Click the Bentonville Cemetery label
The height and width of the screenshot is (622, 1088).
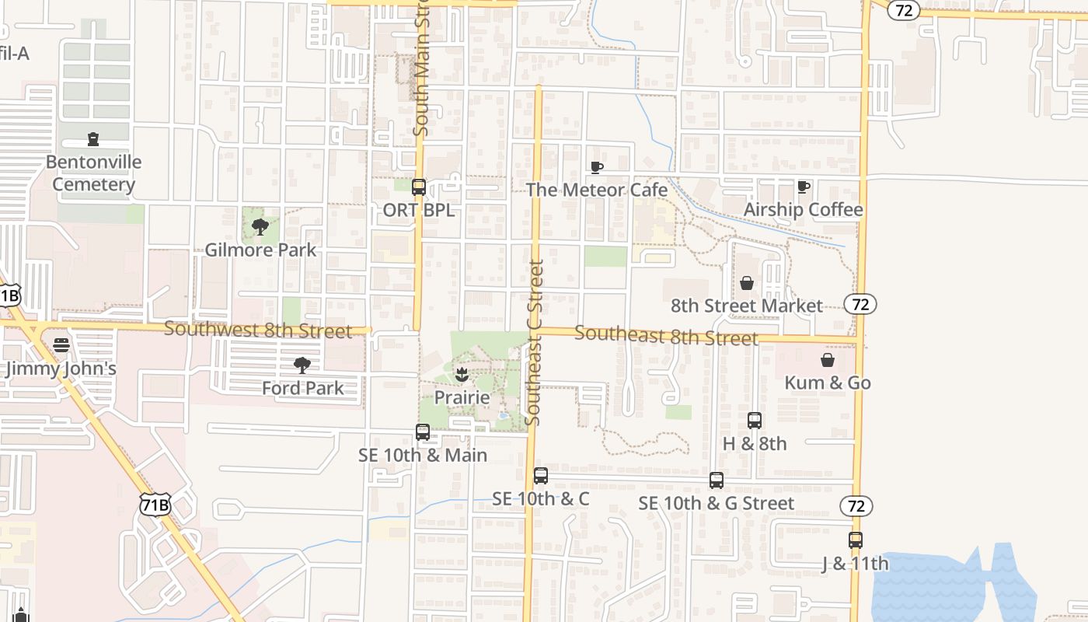click(93, 173)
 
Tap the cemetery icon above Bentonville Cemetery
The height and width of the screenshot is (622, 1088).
click(93, 140)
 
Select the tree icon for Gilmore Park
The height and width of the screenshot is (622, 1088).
click(260, 227)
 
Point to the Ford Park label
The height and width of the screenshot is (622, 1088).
click(302, 387)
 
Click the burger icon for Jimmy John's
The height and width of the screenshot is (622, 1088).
click(61, 345)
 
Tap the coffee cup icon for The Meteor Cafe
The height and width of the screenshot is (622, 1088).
click(597, 167)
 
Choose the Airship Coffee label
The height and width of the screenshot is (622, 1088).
click(803, 210)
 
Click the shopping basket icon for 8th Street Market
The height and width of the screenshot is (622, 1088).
click(747, 283)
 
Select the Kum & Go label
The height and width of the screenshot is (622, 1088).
click(828, 383)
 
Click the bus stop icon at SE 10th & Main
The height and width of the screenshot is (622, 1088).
click(423, 432)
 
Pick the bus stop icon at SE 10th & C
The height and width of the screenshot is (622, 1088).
click(541, 476)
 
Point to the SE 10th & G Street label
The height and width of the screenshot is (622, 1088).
click(717, 503)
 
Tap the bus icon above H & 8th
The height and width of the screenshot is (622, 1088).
click(755, 421)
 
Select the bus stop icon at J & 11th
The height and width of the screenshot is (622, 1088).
click(856, 540)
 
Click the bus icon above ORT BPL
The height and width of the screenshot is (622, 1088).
click(419, 187)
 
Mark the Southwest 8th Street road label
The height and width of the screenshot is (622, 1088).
click(258, 330)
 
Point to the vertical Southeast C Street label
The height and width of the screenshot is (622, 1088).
click(534, 342)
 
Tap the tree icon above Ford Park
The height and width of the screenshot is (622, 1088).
click(302, 365)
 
